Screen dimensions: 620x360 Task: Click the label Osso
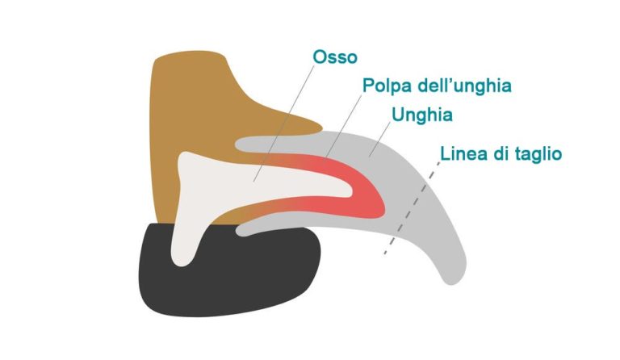[x=335, y=57]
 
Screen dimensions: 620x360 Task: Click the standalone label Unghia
[x=422, y=115]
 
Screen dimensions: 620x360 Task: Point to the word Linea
[x=464, y=153]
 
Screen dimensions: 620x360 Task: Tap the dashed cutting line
[x=412, y=208]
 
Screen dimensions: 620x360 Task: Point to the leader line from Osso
[x=284, y=123]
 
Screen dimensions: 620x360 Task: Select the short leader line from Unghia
[x=379, y=140]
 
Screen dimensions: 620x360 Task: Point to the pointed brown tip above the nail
[x=320, y=128]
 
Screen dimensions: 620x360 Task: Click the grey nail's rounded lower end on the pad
[x=242, y=230]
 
